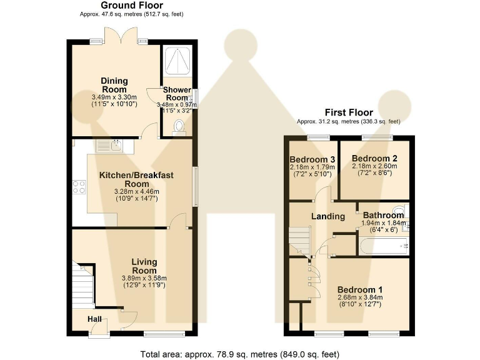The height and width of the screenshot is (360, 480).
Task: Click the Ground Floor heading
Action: [x=132, y=5]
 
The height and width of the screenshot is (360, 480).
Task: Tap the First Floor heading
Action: [x=349, y=112]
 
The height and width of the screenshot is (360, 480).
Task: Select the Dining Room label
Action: [x=114, y=85]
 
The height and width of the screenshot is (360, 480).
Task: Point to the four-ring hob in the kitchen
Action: [x=79, y=187]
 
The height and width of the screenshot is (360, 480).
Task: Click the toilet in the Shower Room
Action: [x=179, y=126]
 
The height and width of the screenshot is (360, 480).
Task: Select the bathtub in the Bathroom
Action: [x=384, y=246]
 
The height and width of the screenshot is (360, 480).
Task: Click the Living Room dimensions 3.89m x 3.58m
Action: [x=144, y=278]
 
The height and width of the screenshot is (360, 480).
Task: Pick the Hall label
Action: [x=94, y=319]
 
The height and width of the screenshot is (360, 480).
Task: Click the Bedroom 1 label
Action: [x=360, y=289]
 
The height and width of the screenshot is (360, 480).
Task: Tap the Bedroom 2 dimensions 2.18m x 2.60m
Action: [x=374, y=166]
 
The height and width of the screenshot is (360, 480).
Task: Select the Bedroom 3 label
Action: [x=312, y=159]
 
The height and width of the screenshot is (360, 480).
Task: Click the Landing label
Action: [x=328, y=216]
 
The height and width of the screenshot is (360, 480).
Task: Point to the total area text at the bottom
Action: [x=240, y=354]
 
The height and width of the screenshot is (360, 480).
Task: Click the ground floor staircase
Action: [x=82, y=285]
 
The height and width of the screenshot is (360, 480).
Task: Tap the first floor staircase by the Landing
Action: [x=300, y=241]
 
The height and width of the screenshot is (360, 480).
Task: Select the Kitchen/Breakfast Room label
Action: [x=136, y=179]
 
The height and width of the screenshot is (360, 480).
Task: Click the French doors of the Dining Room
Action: [x=121, y=36]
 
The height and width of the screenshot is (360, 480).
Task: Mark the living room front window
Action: [x=164, y=334]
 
